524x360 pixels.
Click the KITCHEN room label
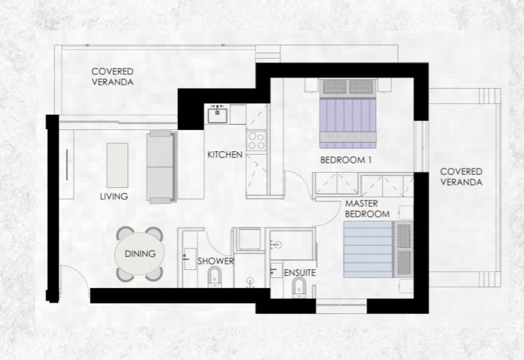pyautogui.click(x=225, y=154)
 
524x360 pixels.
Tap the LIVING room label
pyautogui.click(x=114, y=196)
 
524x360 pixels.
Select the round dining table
pyautogui.click(x=140, y=254)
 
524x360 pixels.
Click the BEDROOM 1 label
pyautogui.click(x=346, y=160)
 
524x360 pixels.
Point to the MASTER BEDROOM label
pyautogui.click(x=367, y=209)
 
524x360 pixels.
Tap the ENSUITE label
pyautogui.click(x=300, y=273)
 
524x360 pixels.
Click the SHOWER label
pyautogui.click(x=215, y=261)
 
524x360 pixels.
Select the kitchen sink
pyautogui.click(x=217, y=115)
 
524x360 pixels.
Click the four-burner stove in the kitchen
pyautogui.click(x=257, y=141)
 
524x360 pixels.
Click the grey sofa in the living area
pyautogui.click(x=161, y=167)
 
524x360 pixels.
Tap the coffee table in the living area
pyautogui.click(x=117, y=165)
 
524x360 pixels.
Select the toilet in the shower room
pyautogui.click(x=214, y=277)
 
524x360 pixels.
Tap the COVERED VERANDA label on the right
pyautogui.click(x=461, y=176)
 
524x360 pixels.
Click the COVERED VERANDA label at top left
pyautogui.click(x=113, y=77)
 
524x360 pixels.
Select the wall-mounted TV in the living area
pyautogui.click(x=67, y=165)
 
